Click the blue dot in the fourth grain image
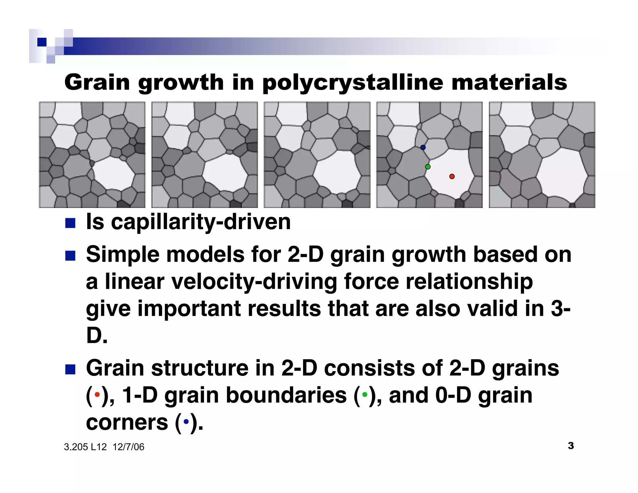(x=423, y=147)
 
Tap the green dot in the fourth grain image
(x=428, y=167)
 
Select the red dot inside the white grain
(x=452, y=176)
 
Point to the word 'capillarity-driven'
(x=201, y=222)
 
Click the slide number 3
(x=571, y=446)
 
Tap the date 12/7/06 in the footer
(x=128, y=447)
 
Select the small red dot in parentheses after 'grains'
(x=97, y=395)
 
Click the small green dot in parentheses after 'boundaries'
(x=364, y=395)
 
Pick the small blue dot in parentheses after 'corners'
(x=186, y=422)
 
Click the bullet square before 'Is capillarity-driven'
(x=70, y=223)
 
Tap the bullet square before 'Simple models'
(x=70, y=256)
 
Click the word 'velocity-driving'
(x=254, y=281)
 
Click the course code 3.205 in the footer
(x=76, y=447)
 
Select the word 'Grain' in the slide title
(x=97, y=83)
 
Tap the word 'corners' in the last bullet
(x=127, y=422)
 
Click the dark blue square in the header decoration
(x=42, y=42)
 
